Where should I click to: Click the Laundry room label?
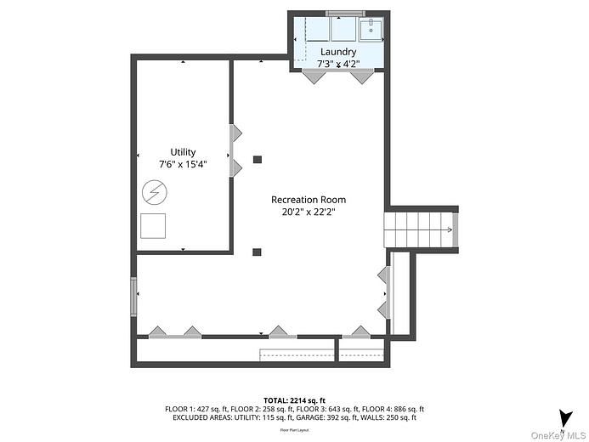pyautogui.click(x=338, y=52)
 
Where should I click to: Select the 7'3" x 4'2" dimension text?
pyautogui.click(x=338, y=64)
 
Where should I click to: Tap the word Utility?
pyautogui.click(x=183, y=152)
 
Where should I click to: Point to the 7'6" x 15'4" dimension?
pyautogui.click(x=183, y=164)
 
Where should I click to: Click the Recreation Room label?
pyautogui.click(x=309, y=200)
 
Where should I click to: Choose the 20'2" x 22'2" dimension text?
pyautogui.click(x=309, y=212)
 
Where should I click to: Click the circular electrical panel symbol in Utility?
pyautogui.click(x=153, y=192)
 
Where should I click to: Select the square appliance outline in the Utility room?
pyautogui.click(x=153, y=225)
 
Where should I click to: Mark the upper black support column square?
pyautogui.click(x=258, y=159)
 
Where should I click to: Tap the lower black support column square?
pyautogui.click(x=257, y=251)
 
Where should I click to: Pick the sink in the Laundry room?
pyautogui.click(x=371, y=30)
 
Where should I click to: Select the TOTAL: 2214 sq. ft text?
pyautogui.click(x=294, y=400)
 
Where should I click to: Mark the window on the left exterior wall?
pyautogui.click(x=133, y=297)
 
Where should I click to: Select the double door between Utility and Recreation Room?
pyautogui.click(x=235, y=151)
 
